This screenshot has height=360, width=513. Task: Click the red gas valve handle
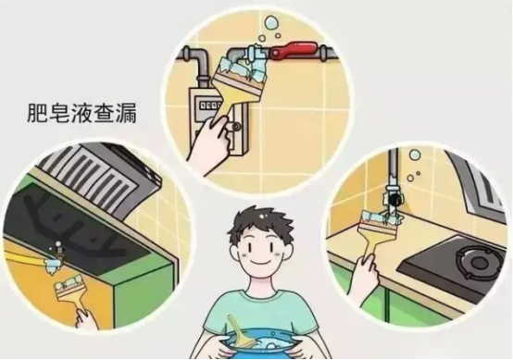click(x=293, y=51)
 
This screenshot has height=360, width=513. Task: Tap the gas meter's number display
click(x=212, y=106)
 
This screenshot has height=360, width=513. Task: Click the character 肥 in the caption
click(x=37, y=114)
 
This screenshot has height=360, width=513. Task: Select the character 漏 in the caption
click(x=126, y=114)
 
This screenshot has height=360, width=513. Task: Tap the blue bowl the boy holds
click(x=261, y=343)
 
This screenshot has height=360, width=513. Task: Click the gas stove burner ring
click(x=479, y=261)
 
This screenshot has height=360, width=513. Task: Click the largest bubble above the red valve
click(x=271, y=24)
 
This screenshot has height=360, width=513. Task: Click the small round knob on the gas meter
click(x=236, y=126)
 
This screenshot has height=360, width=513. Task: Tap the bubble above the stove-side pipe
click(x=414, y=154)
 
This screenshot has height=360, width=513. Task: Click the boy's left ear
click(x=234, y=255)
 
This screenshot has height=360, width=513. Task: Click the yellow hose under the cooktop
click(x=24, y=257)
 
